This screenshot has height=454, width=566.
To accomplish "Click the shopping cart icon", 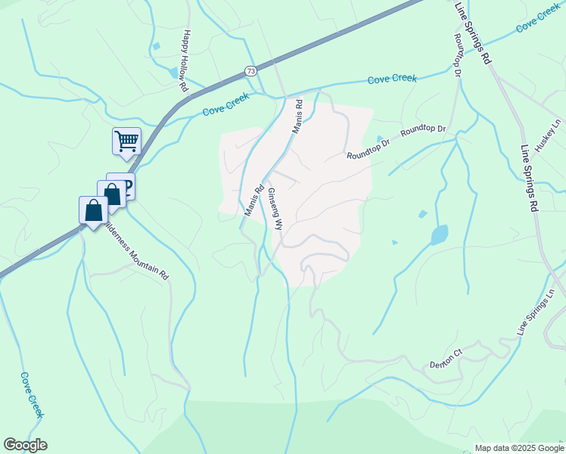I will (126, 140).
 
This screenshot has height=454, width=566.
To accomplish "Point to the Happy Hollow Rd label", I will (184, 61).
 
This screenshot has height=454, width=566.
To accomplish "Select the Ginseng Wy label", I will (274, 210).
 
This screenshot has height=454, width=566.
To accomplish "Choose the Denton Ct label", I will (446, 358).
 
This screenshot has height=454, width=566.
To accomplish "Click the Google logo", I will (25, 445).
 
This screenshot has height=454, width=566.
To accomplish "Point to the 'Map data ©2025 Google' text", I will (519, 448).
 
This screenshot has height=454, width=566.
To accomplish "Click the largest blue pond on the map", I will (439, 235).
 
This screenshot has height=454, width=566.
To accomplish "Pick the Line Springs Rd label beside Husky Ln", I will (529, 179).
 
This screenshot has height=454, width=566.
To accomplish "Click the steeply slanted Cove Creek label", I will (33, 394).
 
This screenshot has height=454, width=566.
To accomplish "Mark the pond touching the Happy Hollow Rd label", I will (175, 73).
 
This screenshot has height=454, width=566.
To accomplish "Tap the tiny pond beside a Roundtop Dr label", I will (380, 138).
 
